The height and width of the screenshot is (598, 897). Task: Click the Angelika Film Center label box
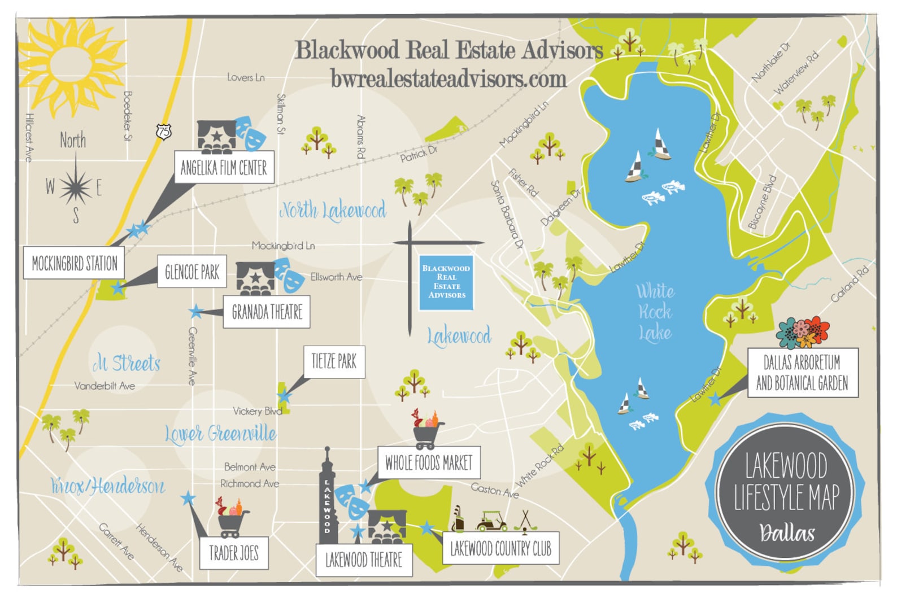tap(224, 167)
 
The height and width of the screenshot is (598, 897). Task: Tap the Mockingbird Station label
tap(74, 263)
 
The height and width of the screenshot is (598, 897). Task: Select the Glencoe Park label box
tap(192, 272)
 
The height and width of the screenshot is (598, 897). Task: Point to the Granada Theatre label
tap(267, 312)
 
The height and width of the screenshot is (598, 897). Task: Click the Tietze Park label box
tap(334, 361)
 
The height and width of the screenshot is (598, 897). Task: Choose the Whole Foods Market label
tap(429, 463)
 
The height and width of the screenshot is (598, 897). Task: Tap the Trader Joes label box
tap(234, 553)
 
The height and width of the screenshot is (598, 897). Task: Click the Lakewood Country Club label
tap(500, 548)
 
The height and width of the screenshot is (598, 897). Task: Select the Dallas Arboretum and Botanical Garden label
tap(802, 373)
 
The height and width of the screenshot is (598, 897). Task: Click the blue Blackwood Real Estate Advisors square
tap(446, 282)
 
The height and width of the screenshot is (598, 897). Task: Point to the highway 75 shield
tap(163, 132)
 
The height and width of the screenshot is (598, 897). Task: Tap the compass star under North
tap(76, 187)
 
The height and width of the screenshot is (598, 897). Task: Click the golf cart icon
tap(492, 521)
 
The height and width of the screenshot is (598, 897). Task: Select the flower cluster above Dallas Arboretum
tap(803, 333)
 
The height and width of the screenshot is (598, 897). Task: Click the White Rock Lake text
tap(655, 312)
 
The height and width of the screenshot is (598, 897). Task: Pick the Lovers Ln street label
tap(246, 77)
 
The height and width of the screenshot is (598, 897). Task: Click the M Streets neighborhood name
tap(127, 363)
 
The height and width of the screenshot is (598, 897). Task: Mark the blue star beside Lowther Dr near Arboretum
tap(715, 399)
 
